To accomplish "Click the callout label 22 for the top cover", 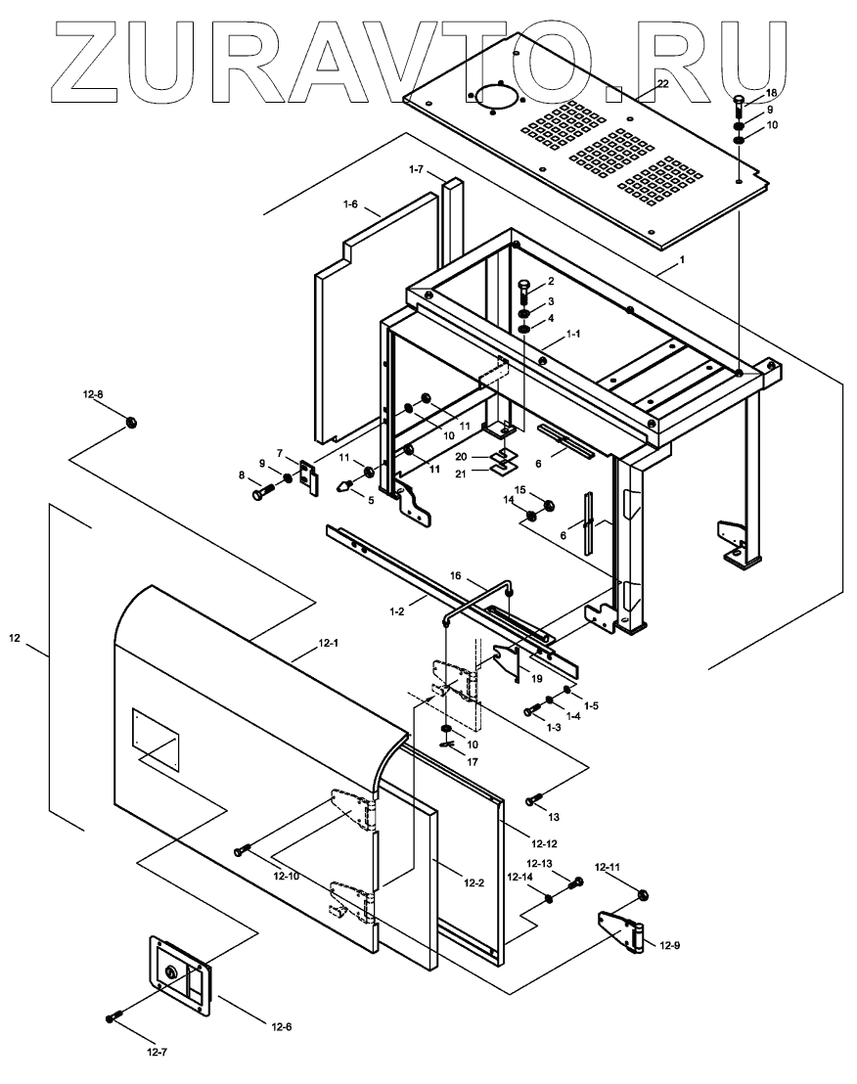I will coord(662,84).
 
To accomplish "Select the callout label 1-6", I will coord(351,204).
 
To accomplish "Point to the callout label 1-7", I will coord(417,170).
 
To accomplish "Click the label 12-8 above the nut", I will coord(93,394).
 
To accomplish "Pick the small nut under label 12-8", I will coord(130,422).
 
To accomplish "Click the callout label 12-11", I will coord(608,868).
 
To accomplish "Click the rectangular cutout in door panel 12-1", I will coord(157,735).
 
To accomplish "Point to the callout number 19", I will coord(536,678).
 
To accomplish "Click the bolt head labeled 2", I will coord(522,284).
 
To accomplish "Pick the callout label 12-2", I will coord(473,882).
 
